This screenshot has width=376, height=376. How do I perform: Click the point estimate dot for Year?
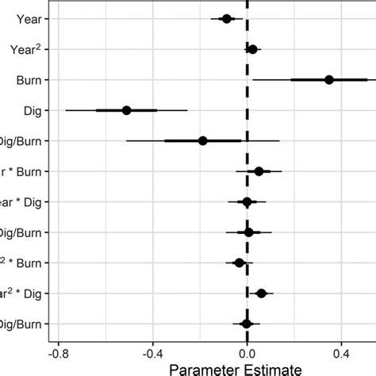[227, 18]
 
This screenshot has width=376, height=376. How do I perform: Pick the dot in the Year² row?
[252, 49]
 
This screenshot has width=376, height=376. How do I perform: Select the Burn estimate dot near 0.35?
[329, 79]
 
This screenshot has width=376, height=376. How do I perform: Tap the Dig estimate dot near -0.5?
[126, 110]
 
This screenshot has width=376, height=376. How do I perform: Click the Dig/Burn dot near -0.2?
[202, 140]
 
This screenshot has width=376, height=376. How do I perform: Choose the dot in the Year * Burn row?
[259, 171]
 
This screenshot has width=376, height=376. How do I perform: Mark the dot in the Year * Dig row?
[247, 201]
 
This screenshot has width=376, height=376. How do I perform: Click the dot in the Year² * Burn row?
[240, 263]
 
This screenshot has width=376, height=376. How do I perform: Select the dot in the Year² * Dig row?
[262, 293]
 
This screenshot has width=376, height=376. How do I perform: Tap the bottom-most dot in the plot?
[246, 324]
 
